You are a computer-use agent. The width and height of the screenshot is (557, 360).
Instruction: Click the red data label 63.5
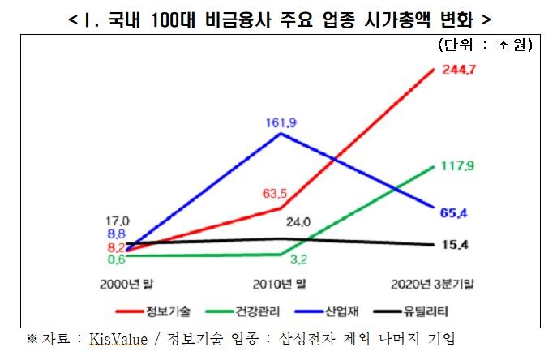point(276,194)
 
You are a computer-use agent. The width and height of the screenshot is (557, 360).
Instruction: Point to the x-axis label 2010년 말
point(280,283)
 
